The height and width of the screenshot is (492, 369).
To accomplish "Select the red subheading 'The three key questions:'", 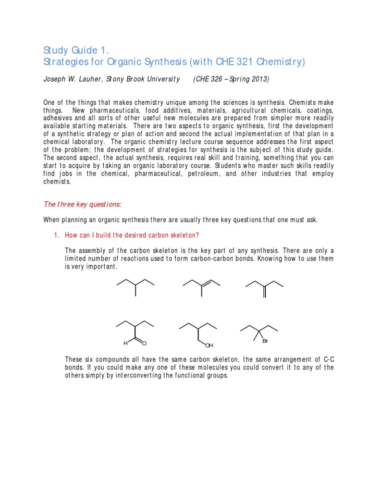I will click(82, 204).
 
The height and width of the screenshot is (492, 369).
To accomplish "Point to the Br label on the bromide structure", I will click(265, 341).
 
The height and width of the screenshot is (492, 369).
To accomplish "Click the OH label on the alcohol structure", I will click(209, 345).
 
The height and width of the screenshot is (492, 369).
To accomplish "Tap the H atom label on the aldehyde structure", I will click(125, 344).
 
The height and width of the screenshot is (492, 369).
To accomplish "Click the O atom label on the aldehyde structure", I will click(144, 344).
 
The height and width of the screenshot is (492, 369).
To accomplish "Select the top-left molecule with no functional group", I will click(135, 287).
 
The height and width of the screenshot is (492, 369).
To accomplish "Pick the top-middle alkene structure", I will click(201, 286).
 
